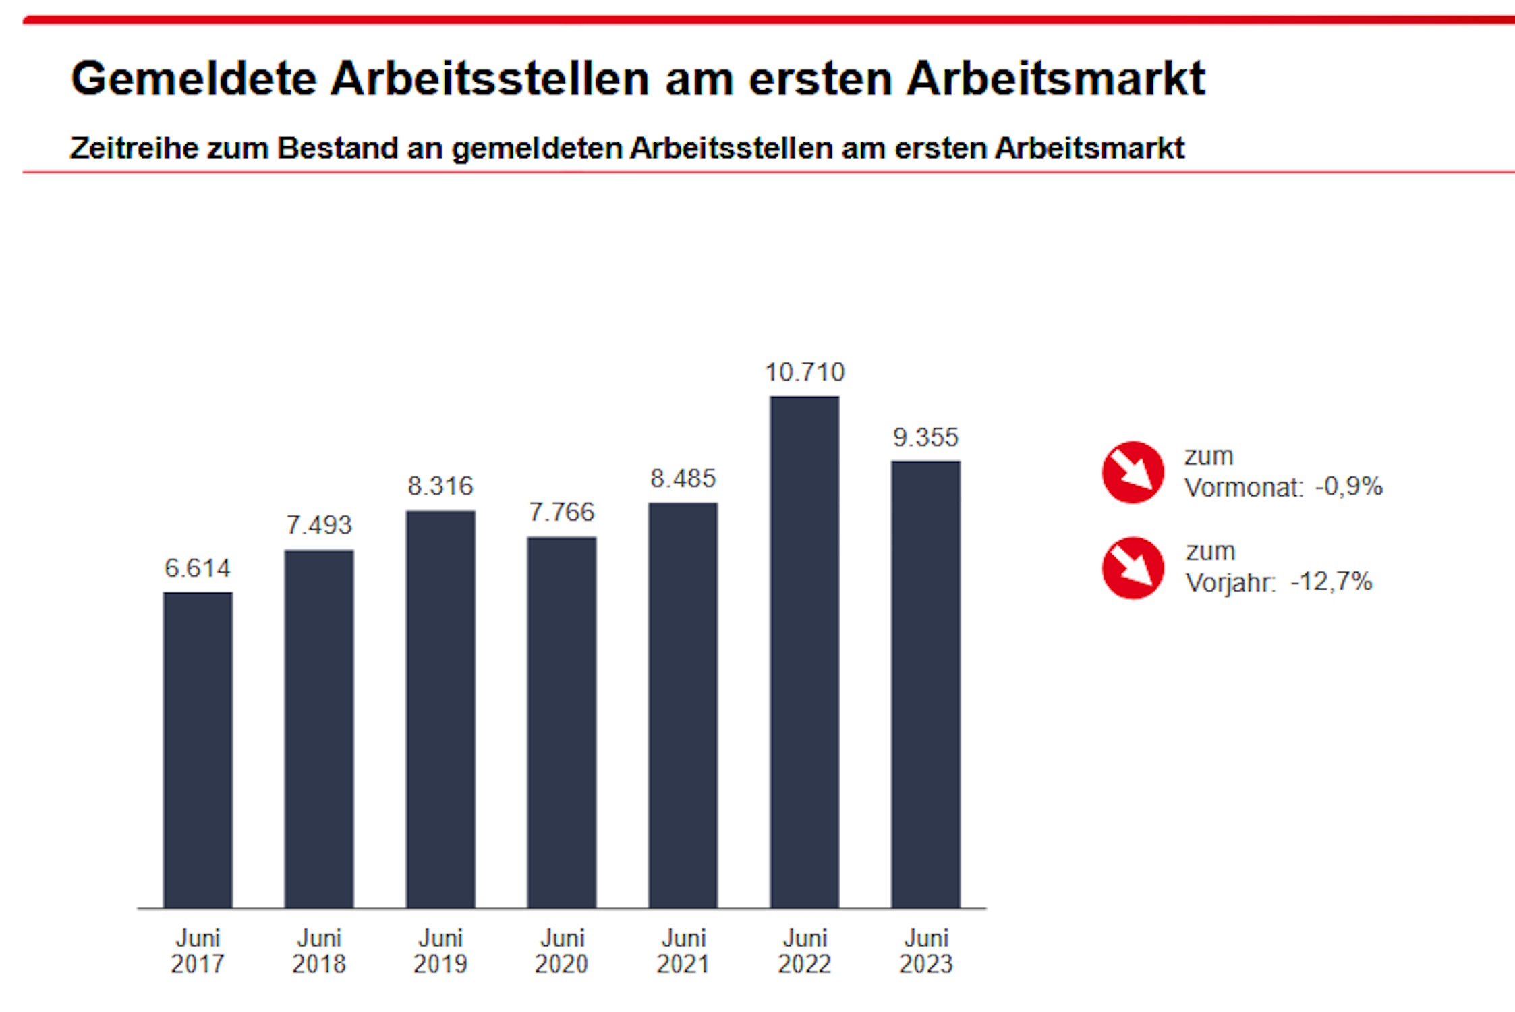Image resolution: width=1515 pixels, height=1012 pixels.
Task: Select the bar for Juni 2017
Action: [198, 750]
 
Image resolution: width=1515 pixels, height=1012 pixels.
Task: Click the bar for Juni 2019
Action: [440, 709]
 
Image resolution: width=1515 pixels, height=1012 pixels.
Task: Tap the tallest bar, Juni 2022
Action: [805, 652]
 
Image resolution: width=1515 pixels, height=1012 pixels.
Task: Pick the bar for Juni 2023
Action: [925, 684]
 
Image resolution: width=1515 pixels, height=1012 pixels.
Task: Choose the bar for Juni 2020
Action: [562, 722]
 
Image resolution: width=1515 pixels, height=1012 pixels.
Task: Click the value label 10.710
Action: [805, 372]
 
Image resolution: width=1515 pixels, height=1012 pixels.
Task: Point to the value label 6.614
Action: [198, 568]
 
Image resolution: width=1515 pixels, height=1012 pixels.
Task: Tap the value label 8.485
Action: [683, 478]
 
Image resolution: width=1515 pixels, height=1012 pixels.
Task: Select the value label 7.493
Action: [319, 525]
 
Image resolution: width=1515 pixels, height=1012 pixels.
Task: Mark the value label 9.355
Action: [925, 437]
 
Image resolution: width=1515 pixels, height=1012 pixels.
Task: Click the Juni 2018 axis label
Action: [319, 951]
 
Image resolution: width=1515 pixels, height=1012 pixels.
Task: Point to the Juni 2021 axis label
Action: [683, 951]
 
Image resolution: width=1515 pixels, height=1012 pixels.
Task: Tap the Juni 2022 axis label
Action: [805, 951]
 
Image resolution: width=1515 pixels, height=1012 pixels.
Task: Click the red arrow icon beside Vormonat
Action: [1133, 472]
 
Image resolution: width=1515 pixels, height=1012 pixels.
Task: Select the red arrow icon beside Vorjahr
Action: [1133, 568]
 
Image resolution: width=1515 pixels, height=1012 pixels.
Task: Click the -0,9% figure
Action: [1349, 486]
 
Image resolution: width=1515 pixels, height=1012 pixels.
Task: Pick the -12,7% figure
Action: [1332, 582]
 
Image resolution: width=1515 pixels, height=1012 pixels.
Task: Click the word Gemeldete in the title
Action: [194, 79]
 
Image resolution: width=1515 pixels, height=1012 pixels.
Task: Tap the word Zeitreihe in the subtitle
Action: [134, 148]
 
